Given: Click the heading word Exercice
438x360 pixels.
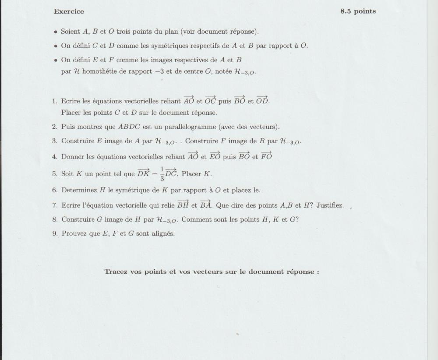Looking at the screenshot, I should coord(69,11).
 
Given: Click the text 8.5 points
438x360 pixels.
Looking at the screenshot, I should coord(358,11).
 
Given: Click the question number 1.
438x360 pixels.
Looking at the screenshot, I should coord(54,102).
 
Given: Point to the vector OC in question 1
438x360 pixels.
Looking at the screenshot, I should coord(210,100).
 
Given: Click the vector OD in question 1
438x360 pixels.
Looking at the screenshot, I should coord(262,100).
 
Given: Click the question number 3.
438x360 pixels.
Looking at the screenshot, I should coord(54,141).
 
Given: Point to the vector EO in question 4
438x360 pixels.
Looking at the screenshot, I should coord(215,156).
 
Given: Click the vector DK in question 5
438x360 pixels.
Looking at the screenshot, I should coord(143,173).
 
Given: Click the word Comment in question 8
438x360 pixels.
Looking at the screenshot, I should coord(195,219).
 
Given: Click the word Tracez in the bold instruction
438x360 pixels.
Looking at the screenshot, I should coord(116,272).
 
